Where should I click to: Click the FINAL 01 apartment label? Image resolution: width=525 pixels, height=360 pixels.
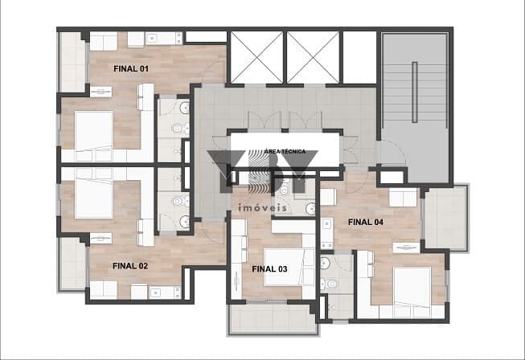tap(130, 69)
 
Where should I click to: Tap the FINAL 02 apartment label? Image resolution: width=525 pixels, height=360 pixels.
tap(130, 266)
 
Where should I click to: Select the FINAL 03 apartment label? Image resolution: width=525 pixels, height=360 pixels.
tap(269, 269)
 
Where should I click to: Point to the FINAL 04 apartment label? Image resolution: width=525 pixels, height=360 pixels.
tap(366, 222)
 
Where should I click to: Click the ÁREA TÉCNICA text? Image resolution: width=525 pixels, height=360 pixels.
tap(285, 151)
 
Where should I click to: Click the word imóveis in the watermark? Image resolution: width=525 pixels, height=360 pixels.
tap(262, 208)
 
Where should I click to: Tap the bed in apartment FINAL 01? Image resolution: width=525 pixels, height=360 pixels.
tap(94, 131)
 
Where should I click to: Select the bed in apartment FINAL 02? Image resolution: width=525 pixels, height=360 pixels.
tap(94, 198)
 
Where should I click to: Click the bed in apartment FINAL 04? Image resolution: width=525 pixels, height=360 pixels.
tap(412, 287)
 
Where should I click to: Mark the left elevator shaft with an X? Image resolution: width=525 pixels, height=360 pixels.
tap(256, 57)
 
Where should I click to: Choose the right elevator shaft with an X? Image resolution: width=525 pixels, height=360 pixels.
tap(313, 57)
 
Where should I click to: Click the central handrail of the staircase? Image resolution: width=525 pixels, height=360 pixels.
tap(415, 92)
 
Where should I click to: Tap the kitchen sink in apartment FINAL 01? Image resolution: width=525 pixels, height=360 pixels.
tap(154, 39)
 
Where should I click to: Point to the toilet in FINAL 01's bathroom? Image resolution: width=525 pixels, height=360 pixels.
tap(178, 128)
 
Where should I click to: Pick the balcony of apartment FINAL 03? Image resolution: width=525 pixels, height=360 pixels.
tap(273, 319)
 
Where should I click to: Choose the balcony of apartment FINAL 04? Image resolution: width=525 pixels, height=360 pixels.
tap(445, 218)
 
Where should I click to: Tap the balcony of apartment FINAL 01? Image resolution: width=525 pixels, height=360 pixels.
tap(72, 62)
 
